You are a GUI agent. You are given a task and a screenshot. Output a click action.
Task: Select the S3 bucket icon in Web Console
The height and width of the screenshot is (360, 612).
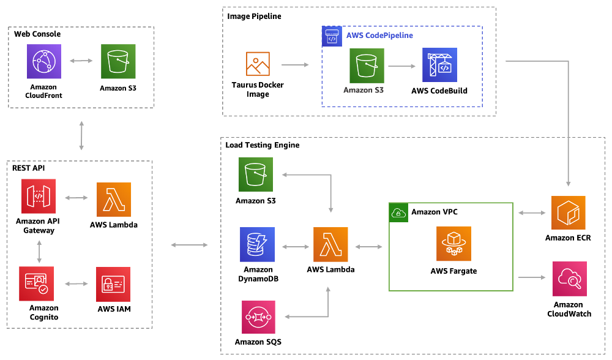118,61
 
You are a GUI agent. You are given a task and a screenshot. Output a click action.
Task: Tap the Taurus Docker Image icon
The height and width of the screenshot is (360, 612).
258,64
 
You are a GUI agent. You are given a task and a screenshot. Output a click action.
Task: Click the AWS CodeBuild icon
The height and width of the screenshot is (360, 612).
439,66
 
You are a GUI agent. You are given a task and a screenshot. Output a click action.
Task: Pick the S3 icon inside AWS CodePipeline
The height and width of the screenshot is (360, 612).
367,66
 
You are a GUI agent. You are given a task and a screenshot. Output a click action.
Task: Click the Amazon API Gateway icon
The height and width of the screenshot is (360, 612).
39,197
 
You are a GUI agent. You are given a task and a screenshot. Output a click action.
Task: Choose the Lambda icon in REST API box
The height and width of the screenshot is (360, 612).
114,200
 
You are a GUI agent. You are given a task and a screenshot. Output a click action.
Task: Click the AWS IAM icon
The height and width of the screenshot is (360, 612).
113,284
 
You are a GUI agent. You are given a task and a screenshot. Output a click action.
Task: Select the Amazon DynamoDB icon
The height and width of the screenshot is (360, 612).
258,245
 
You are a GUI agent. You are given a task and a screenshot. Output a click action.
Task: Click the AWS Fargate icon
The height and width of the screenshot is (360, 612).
453,244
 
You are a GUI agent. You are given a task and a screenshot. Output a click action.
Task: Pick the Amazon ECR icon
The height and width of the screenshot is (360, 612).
569,213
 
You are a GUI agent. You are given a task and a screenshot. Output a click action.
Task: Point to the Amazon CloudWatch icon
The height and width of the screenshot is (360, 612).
569,279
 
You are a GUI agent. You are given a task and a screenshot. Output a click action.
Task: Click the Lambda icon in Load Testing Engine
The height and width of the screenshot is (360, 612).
330,245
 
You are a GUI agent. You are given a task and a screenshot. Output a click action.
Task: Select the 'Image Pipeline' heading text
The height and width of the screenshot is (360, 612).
254,17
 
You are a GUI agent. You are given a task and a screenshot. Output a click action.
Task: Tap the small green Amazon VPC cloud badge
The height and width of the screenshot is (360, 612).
398,212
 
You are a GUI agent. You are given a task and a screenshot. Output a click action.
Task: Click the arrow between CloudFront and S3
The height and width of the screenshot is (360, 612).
81,61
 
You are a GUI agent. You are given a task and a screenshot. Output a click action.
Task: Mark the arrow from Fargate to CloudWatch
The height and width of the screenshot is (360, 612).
532,277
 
